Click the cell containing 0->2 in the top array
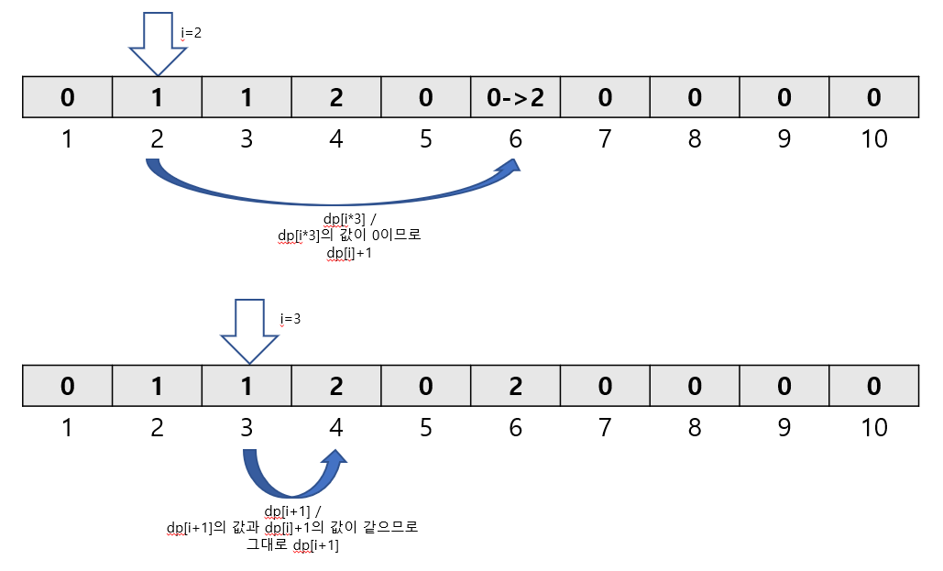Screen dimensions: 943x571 coord(515,97)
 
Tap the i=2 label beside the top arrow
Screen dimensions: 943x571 coord(192,32)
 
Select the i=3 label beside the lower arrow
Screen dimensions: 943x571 coord(290,319)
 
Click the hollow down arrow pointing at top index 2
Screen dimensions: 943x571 coord(158,42)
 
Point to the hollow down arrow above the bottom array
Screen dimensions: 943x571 coord(249,331)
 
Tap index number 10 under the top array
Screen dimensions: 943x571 coord(874,139)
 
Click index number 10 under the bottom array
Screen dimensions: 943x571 coord(874,427)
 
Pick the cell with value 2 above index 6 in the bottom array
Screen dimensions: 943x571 coord(515,386)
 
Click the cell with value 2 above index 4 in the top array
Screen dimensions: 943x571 coord(336,97)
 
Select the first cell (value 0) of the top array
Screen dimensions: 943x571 coord(67,97)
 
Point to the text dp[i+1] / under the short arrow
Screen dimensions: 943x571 coord(292,511)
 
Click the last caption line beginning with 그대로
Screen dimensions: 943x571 coord(292,545)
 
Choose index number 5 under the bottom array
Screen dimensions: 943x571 coord(426,427)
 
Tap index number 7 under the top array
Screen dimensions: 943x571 coord(605,139)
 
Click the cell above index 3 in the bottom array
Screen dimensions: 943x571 coord(247,386)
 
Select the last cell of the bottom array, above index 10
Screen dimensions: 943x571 coord(873,386)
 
